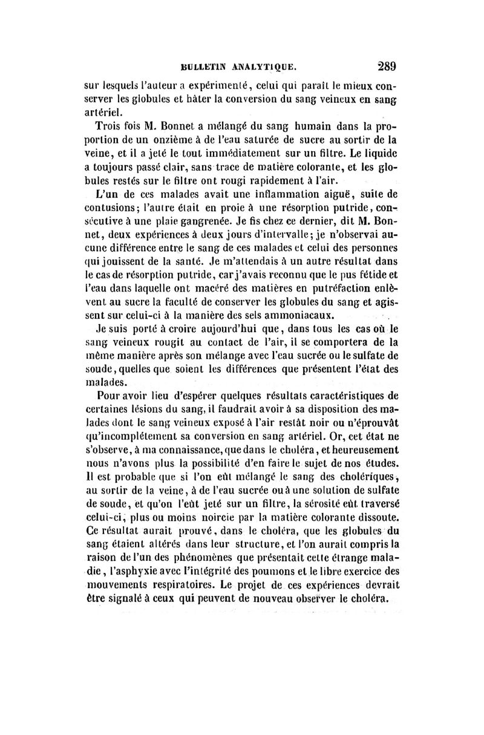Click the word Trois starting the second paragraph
(110, 128)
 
